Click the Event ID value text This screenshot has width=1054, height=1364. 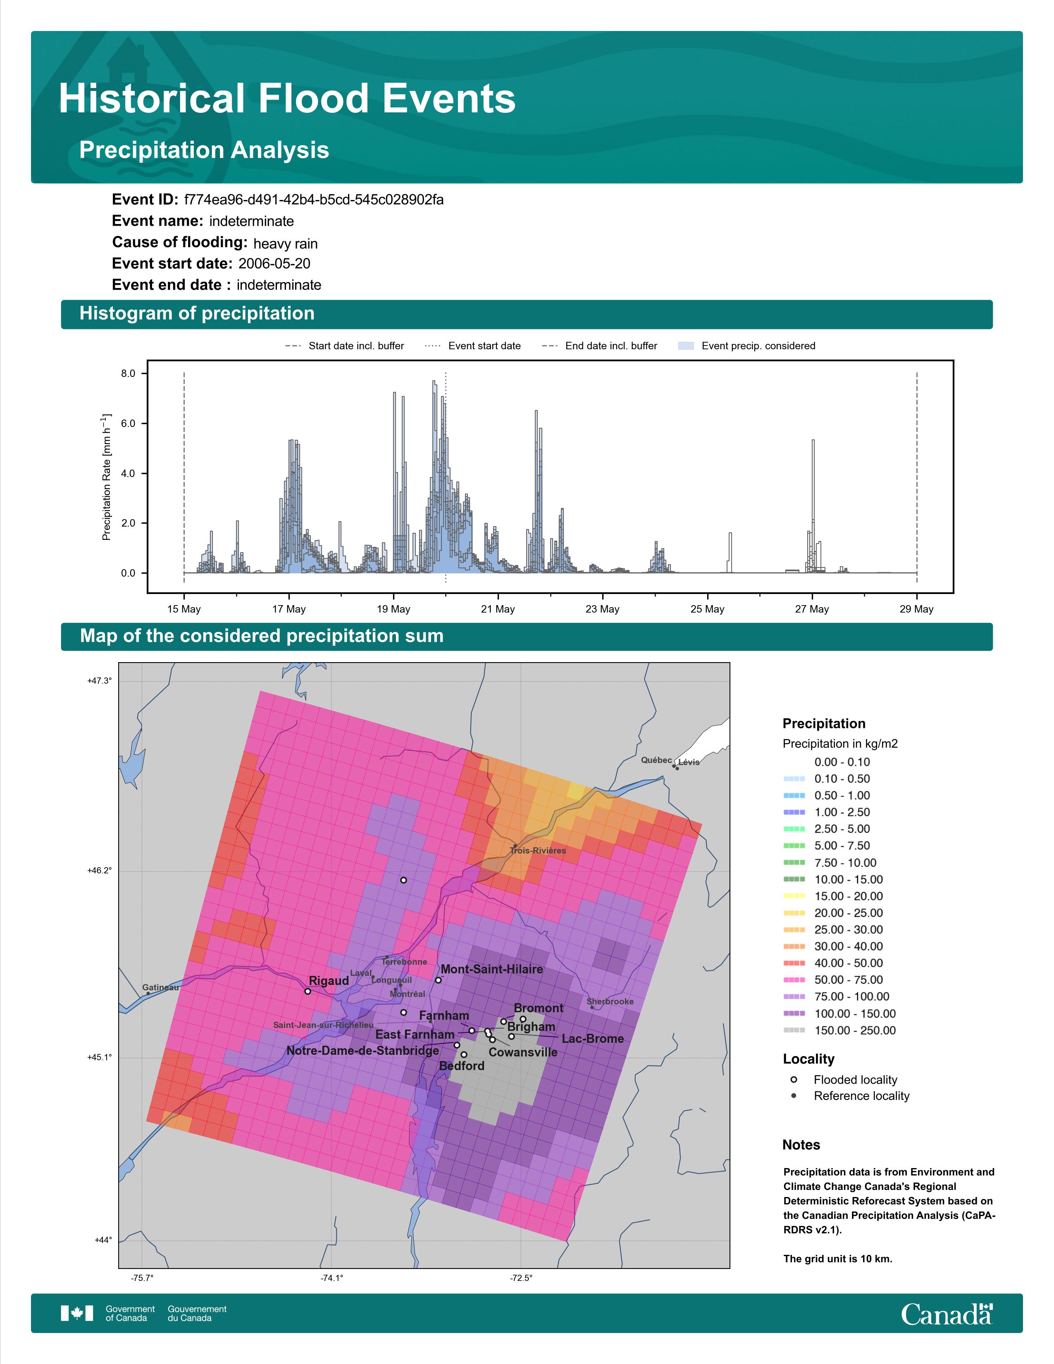coord(314,200)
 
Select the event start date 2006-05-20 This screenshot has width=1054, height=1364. coord(274,264)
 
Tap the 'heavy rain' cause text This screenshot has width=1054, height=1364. coord(285,243)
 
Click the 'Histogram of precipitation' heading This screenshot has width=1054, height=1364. coord(197,314)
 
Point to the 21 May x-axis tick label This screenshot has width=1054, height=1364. coord(498,609)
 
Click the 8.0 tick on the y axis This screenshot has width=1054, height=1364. coord(128,374)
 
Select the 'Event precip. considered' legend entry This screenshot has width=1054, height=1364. coord(747,346)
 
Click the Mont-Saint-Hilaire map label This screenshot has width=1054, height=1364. coord(491,969)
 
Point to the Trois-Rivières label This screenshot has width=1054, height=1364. coord(538,851)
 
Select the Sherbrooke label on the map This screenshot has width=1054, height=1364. coord(610,1002)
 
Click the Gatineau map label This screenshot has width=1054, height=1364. coord(160,987)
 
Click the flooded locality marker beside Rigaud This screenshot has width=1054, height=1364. coord(307,991)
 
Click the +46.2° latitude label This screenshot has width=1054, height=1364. coord(99,870)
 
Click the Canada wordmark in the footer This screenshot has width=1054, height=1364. coord(947,1314)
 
